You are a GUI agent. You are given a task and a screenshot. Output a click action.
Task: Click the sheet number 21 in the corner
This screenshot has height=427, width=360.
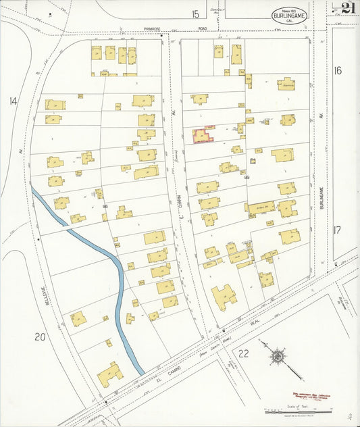(x=348, y=8)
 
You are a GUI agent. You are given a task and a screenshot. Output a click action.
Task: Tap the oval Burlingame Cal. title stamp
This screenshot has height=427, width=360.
(x=288, y=16)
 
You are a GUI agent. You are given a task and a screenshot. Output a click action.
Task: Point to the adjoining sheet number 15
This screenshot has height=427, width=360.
(x=195, y=14)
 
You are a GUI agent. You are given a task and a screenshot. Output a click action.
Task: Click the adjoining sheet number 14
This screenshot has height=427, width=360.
(x=12, y=101)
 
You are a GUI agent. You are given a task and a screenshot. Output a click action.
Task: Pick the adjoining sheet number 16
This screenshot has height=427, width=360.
(x=338, y=70)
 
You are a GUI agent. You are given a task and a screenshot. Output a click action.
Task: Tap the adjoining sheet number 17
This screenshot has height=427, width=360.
(x=337, y=229)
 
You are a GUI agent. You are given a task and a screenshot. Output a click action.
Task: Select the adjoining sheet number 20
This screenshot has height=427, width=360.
(x=40, y=336)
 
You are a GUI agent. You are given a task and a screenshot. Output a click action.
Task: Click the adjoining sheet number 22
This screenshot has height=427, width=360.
(x=243, y=353)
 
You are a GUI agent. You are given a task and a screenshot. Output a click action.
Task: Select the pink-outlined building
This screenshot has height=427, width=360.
(x=203, y=135)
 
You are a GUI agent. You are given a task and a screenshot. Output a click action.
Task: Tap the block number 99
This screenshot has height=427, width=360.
(x=247, y=177)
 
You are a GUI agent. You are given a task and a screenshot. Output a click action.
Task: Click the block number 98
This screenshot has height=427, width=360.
(x=105, y=197)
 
